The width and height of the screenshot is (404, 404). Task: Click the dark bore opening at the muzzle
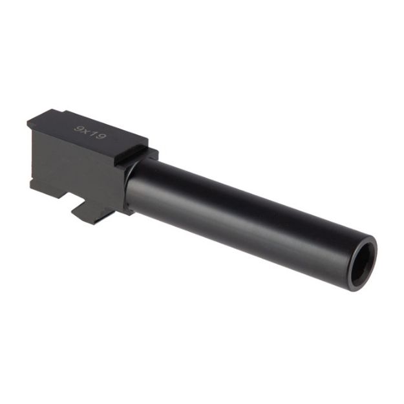point(361,262)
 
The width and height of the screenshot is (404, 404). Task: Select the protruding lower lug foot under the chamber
point(87,213)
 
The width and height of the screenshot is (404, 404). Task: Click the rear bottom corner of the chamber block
point(32,184)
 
